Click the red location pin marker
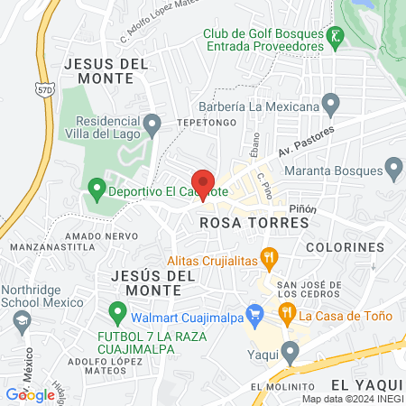(x=204, y=182)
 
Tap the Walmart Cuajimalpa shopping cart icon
(x=255, y=316)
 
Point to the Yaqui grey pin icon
(x=289, y=351)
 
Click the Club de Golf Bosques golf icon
(x=337, y=37)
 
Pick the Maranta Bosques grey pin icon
(x=393, y=167)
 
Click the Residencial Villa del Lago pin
(x=152, y=122)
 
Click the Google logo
(x=30, y=394)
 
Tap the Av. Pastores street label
(x=306, y=141)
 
